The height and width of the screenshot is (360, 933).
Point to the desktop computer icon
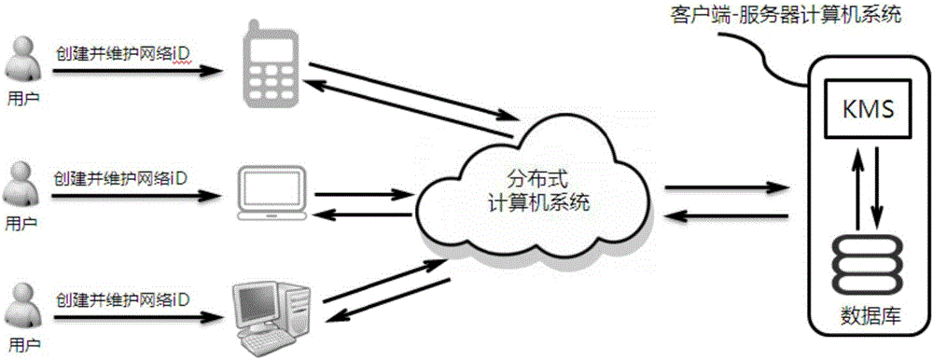coord(273,318)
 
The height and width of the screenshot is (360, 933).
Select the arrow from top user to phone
coord(140,69)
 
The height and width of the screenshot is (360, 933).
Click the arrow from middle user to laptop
coord(140,196)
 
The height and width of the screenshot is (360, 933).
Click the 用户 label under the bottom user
coord(23,349)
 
